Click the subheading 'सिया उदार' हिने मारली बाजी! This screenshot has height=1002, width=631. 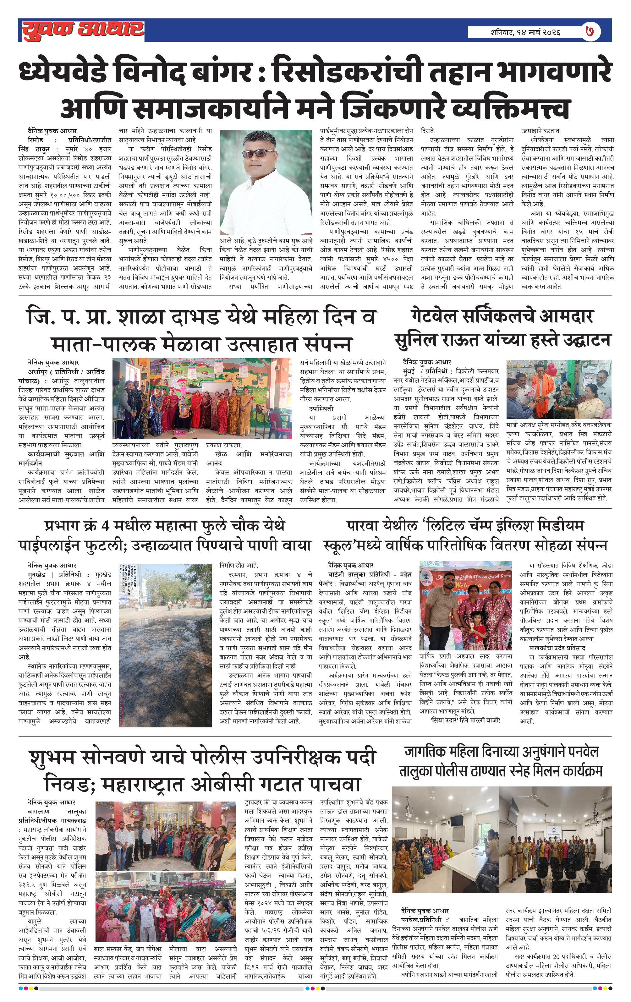[x=465, y=720]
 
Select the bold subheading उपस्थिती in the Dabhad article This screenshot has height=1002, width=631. [x=321, y=408]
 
